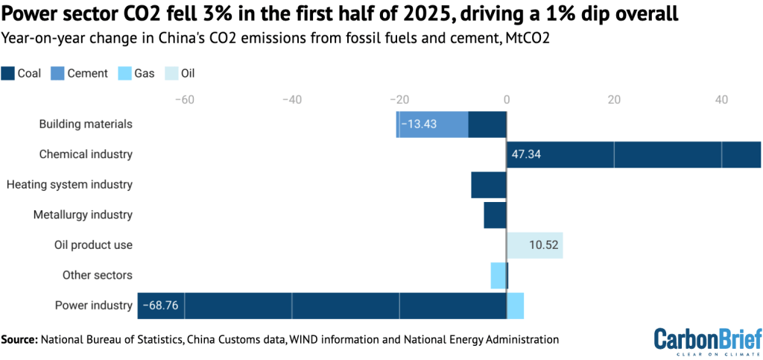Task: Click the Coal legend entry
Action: point(22,73)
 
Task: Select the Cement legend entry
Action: point(79,73)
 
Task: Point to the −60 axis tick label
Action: point(183,100)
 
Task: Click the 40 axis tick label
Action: point(721,100)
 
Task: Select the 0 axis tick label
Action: point(506,100)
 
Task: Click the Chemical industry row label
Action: point(86,154)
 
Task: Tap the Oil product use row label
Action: point(93,244)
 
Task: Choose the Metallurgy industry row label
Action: point(83,215)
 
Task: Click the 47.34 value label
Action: point(527,154)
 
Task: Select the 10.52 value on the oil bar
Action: point(544,244)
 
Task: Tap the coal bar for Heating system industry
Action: point(488,185)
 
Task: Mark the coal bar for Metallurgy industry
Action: point(495,215)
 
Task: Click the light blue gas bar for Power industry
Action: point(515,305)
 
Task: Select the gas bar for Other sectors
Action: point(497,275)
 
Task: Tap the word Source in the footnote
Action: point(19,340)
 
